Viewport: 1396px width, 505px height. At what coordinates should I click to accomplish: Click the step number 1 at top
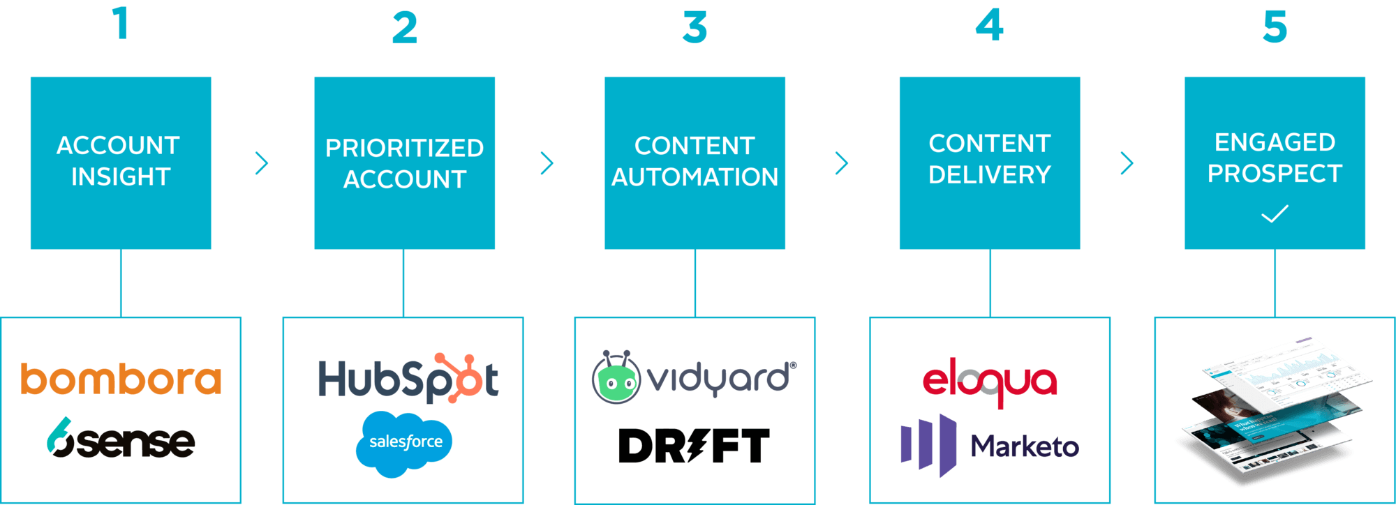click(121, 24)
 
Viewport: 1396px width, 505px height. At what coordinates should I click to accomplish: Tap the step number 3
click(695, 28)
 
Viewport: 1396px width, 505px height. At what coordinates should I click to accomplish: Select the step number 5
click(1275, 28)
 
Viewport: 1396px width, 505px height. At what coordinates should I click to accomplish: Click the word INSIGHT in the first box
click(121, 177)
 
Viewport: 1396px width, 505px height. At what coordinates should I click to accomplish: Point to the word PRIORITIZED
click(404, 148)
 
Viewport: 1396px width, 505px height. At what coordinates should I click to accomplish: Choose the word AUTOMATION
click(695, 177)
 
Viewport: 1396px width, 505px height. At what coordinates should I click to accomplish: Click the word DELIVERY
click(989, 174)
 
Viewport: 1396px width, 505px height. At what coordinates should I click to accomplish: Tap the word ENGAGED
click(1275, 142)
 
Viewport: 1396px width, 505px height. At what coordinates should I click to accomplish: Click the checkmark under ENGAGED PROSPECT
click(1275, 213)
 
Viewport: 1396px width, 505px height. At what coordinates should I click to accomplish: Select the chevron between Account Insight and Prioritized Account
click(262, 163)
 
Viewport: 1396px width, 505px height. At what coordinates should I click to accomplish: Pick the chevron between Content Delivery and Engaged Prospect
click(1127, 163)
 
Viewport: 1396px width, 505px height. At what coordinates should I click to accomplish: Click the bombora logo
click(121, 379)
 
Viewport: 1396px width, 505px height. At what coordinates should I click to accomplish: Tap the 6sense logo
click(121, 439)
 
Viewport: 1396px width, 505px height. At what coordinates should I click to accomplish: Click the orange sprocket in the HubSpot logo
click(460, 377)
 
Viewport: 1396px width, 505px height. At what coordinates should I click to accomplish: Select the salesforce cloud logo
click(404, 443)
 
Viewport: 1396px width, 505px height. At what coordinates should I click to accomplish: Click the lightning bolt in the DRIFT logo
click(698, 446)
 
